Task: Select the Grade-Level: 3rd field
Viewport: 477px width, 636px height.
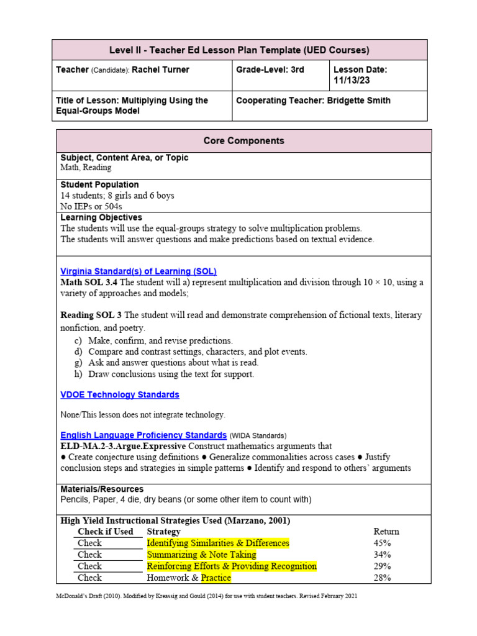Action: pos(270,70)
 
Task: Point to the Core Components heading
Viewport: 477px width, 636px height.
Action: pos(243,141)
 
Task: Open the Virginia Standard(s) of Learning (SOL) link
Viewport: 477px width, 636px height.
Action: pos(138,271)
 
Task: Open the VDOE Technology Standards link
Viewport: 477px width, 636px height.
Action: pos(119,395)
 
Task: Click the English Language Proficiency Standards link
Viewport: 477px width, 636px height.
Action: pos(143,435)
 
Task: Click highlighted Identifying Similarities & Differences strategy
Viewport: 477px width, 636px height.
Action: pos(218,543)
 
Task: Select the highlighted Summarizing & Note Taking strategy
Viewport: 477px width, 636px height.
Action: pos(201,555)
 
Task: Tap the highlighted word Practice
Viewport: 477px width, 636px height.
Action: pos(216,578)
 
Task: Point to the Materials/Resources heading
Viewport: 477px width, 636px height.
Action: pos(102,489)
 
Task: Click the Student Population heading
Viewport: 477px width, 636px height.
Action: pos(99,185)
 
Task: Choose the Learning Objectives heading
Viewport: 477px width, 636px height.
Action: pos(101,218)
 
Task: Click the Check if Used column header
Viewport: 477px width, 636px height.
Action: pos(105,532)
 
